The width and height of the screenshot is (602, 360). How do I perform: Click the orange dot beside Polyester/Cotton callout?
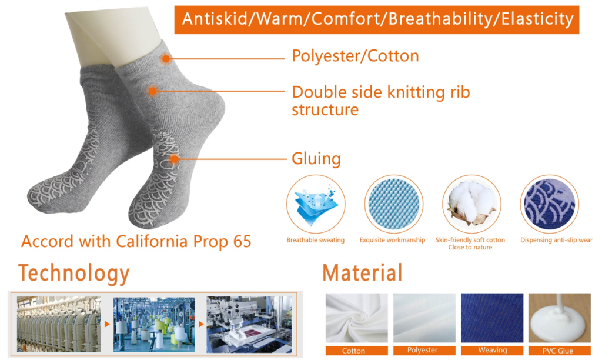(166, 59)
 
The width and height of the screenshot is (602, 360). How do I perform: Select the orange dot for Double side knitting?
(152, 91)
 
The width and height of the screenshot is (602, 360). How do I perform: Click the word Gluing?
(316, 159)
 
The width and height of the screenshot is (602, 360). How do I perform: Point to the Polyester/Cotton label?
(355, 56)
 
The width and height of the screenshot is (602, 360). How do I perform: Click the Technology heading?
(74, 273)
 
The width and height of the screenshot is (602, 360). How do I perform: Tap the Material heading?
(362, 273)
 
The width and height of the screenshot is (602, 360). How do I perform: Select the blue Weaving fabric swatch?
(492, 318)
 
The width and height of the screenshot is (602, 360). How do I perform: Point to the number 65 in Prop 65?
(242, 242)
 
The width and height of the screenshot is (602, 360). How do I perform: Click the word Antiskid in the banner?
(213, 19)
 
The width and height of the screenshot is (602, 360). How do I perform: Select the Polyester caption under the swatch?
(423, 351)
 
